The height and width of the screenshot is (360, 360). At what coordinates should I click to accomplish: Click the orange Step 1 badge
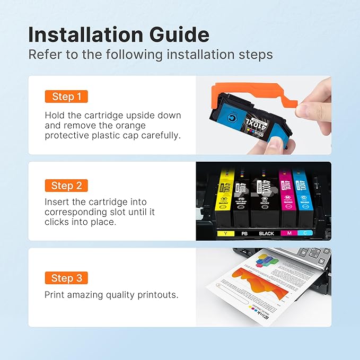[x=66, y=96]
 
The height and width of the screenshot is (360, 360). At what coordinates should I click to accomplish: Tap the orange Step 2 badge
[x=66, y=186]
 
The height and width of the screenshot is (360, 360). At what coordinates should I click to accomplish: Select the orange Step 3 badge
[x=66, y=278]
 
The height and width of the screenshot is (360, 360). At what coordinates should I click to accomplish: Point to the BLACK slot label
[x=266, y=233]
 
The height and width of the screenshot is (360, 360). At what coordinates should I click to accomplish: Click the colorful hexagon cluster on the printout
[x=265, y=260]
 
